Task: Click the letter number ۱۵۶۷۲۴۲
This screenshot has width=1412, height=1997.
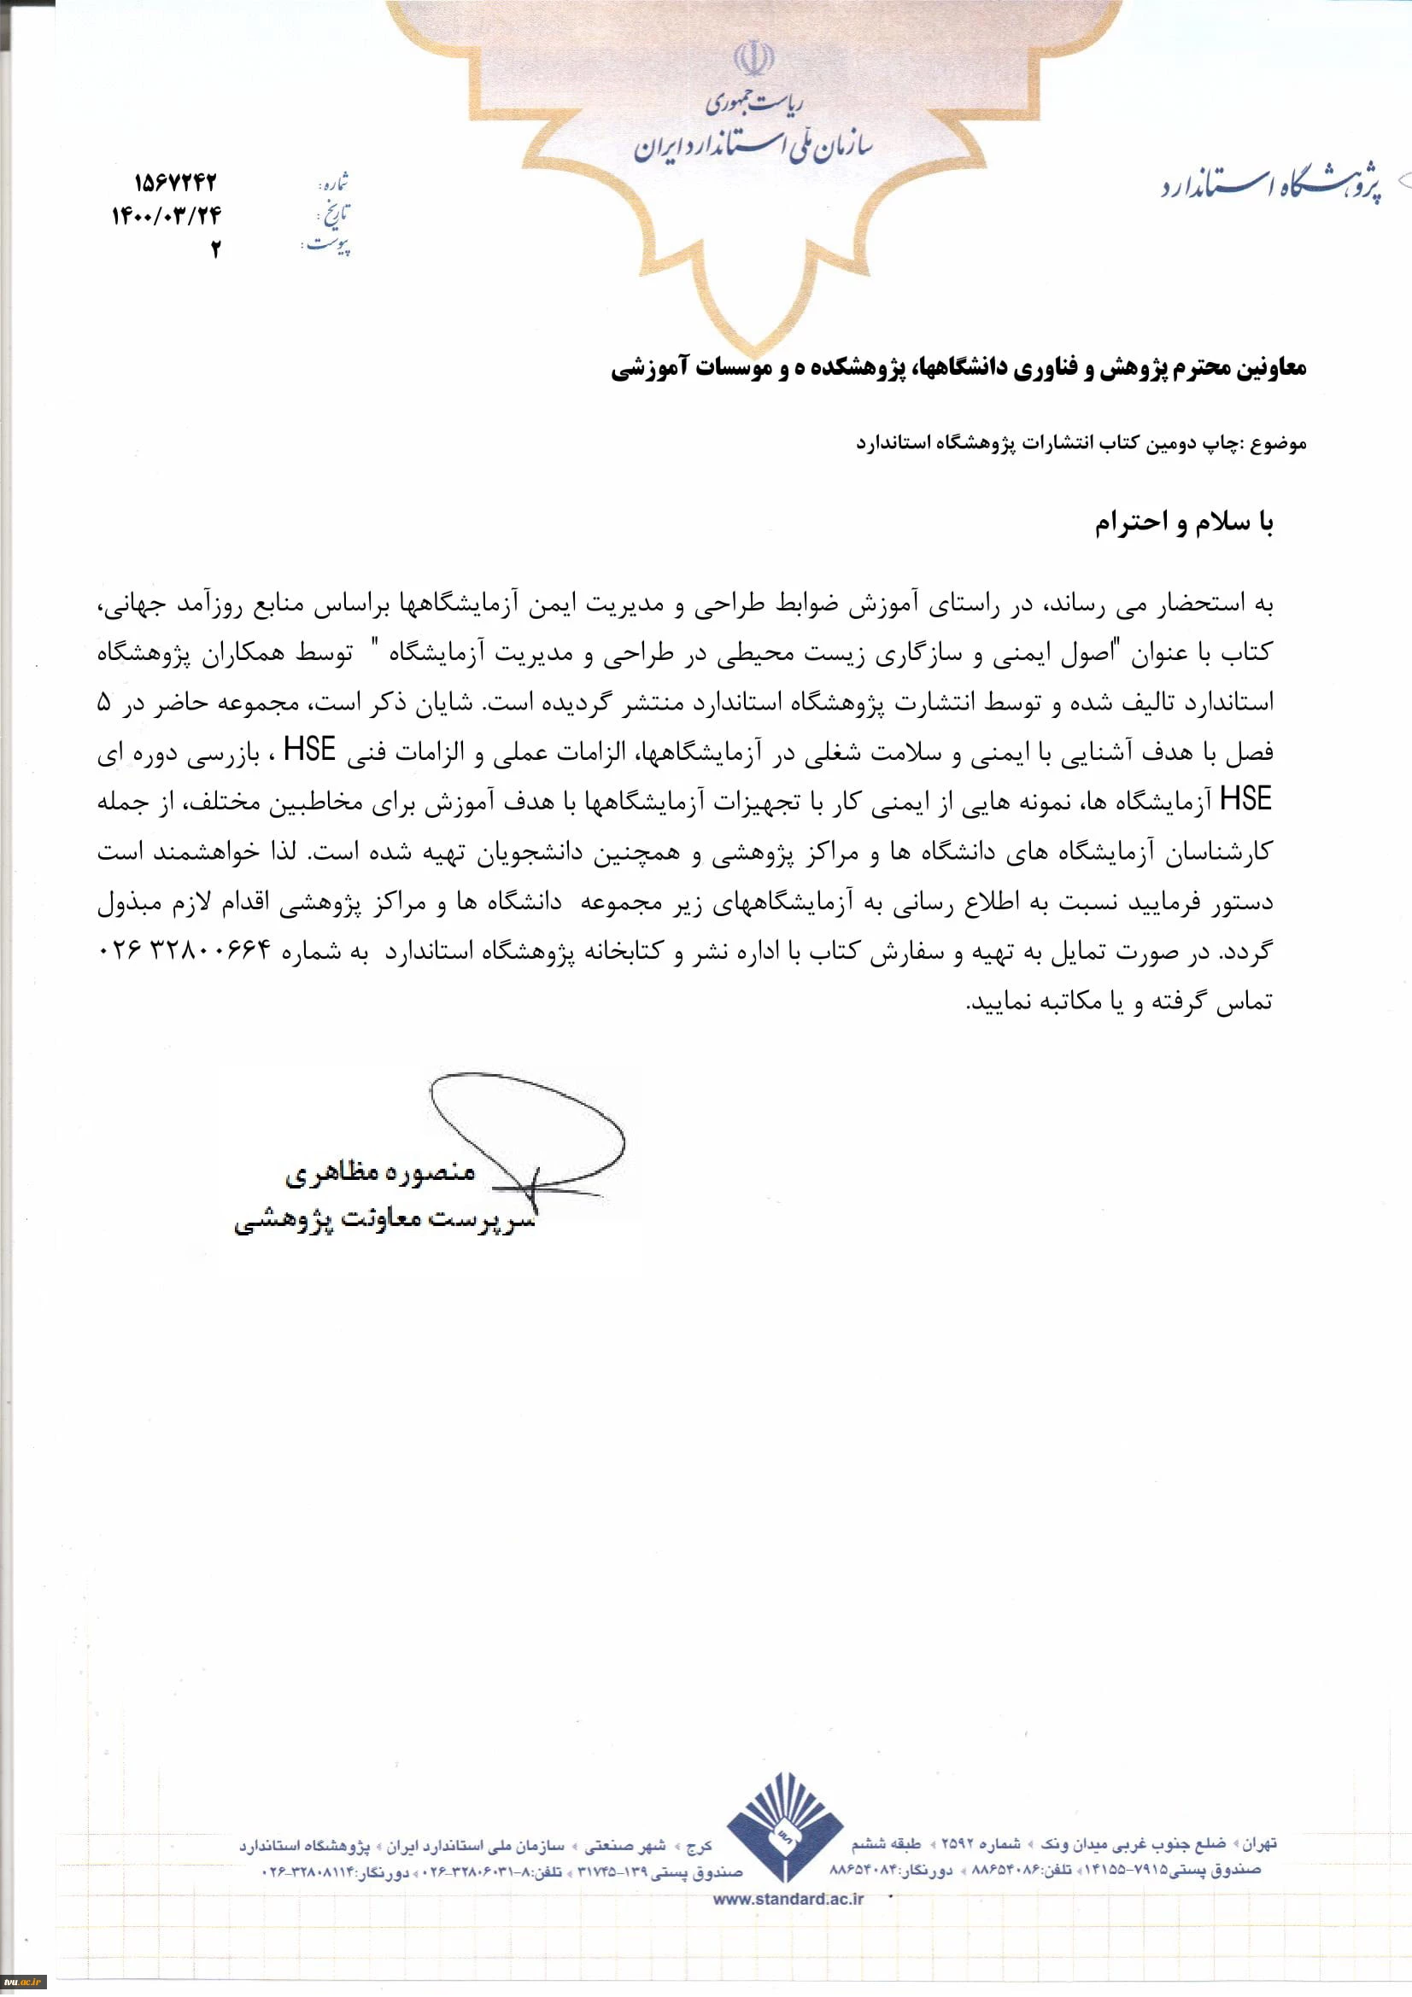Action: (175, 184)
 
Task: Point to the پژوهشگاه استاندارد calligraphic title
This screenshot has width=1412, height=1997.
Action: (1270, 186)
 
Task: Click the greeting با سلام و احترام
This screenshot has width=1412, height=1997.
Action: (1183, 523)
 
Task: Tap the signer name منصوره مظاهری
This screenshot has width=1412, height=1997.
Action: (381, 1172)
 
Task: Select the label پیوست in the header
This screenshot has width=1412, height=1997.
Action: (329, 246)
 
